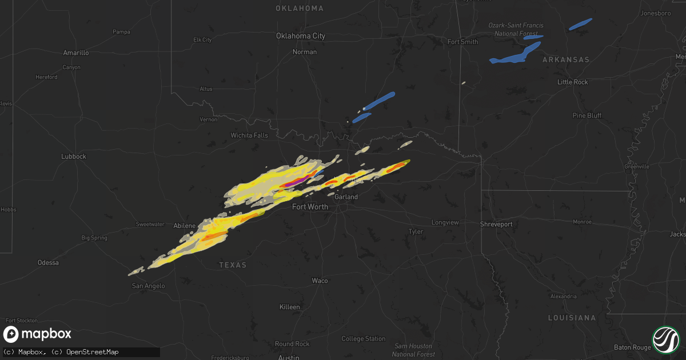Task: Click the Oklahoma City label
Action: (301, 36)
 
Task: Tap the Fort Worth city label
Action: (310, 207)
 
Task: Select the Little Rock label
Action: (572, 82)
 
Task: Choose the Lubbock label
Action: (73, 157)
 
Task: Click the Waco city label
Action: (320, 281)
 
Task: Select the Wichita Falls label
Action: (249, 135)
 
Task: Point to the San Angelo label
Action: (148, 286)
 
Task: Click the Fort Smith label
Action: (462, 42)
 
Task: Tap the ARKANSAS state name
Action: (565, 60)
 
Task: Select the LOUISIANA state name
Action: (571, 318)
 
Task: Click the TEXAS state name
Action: (233, 265)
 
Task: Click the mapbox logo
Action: (38, 334)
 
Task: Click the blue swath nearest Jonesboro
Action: (581, 24)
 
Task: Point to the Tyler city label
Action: (415, 232)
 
